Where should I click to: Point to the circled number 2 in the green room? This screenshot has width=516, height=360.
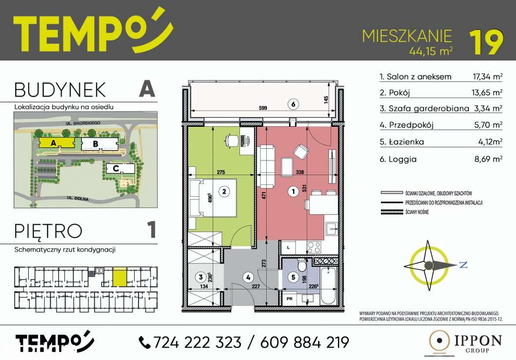coord(223,192)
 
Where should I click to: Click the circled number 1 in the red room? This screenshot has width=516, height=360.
coord(293,192)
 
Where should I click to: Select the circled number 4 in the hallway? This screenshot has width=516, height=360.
coord(248,278)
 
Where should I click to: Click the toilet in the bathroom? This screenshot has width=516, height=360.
coord(302,266)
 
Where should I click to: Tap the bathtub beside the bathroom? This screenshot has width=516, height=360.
coord(325,283)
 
